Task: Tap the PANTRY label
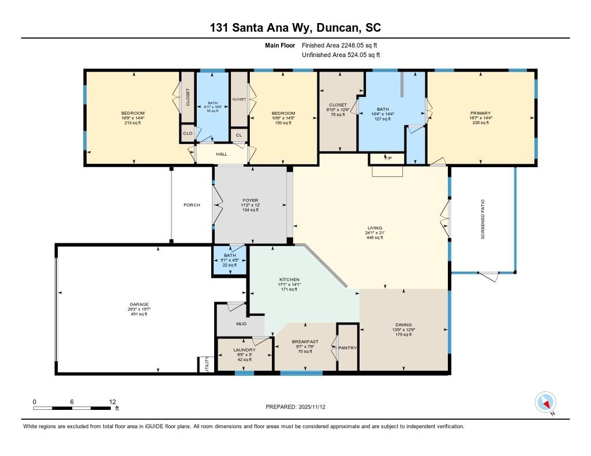[x=347, y=348]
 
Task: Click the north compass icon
[x=545, y=402]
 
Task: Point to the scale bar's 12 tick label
[x=113, y=401]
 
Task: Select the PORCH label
[x=192, y=205]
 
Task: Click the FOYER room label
[x=250, y=200]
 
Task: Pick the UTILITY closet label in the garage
[x=207, y=364]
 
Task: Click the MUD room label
[x=241, y=323]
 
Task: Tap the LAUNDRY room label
[x=245, y=349]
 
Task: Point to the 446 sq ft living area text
[x=373, y=238]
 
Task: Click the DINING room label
[x=403, y=325]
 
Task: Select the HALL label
[x=222, y=154]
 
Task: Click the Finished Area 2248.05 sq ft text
[x=340, y=45]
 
